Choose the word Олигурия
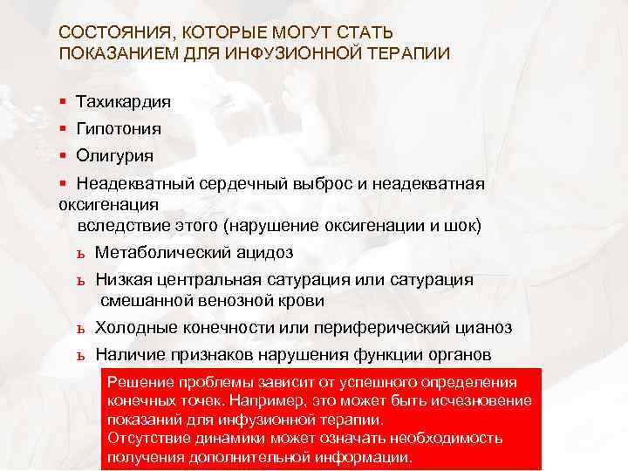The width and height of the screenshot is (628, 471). (114, 156)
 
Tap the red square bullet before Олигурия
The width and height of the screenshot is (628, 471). (64, 156)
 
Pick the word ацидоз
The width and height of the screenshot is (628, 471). (263, 253)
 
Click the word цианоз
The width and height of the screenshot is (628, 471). (484, 328)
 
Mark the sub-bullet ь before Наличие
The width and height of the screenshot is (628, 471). (80, 355)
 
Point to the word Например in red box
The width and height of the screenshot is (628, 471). (270, 399)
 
